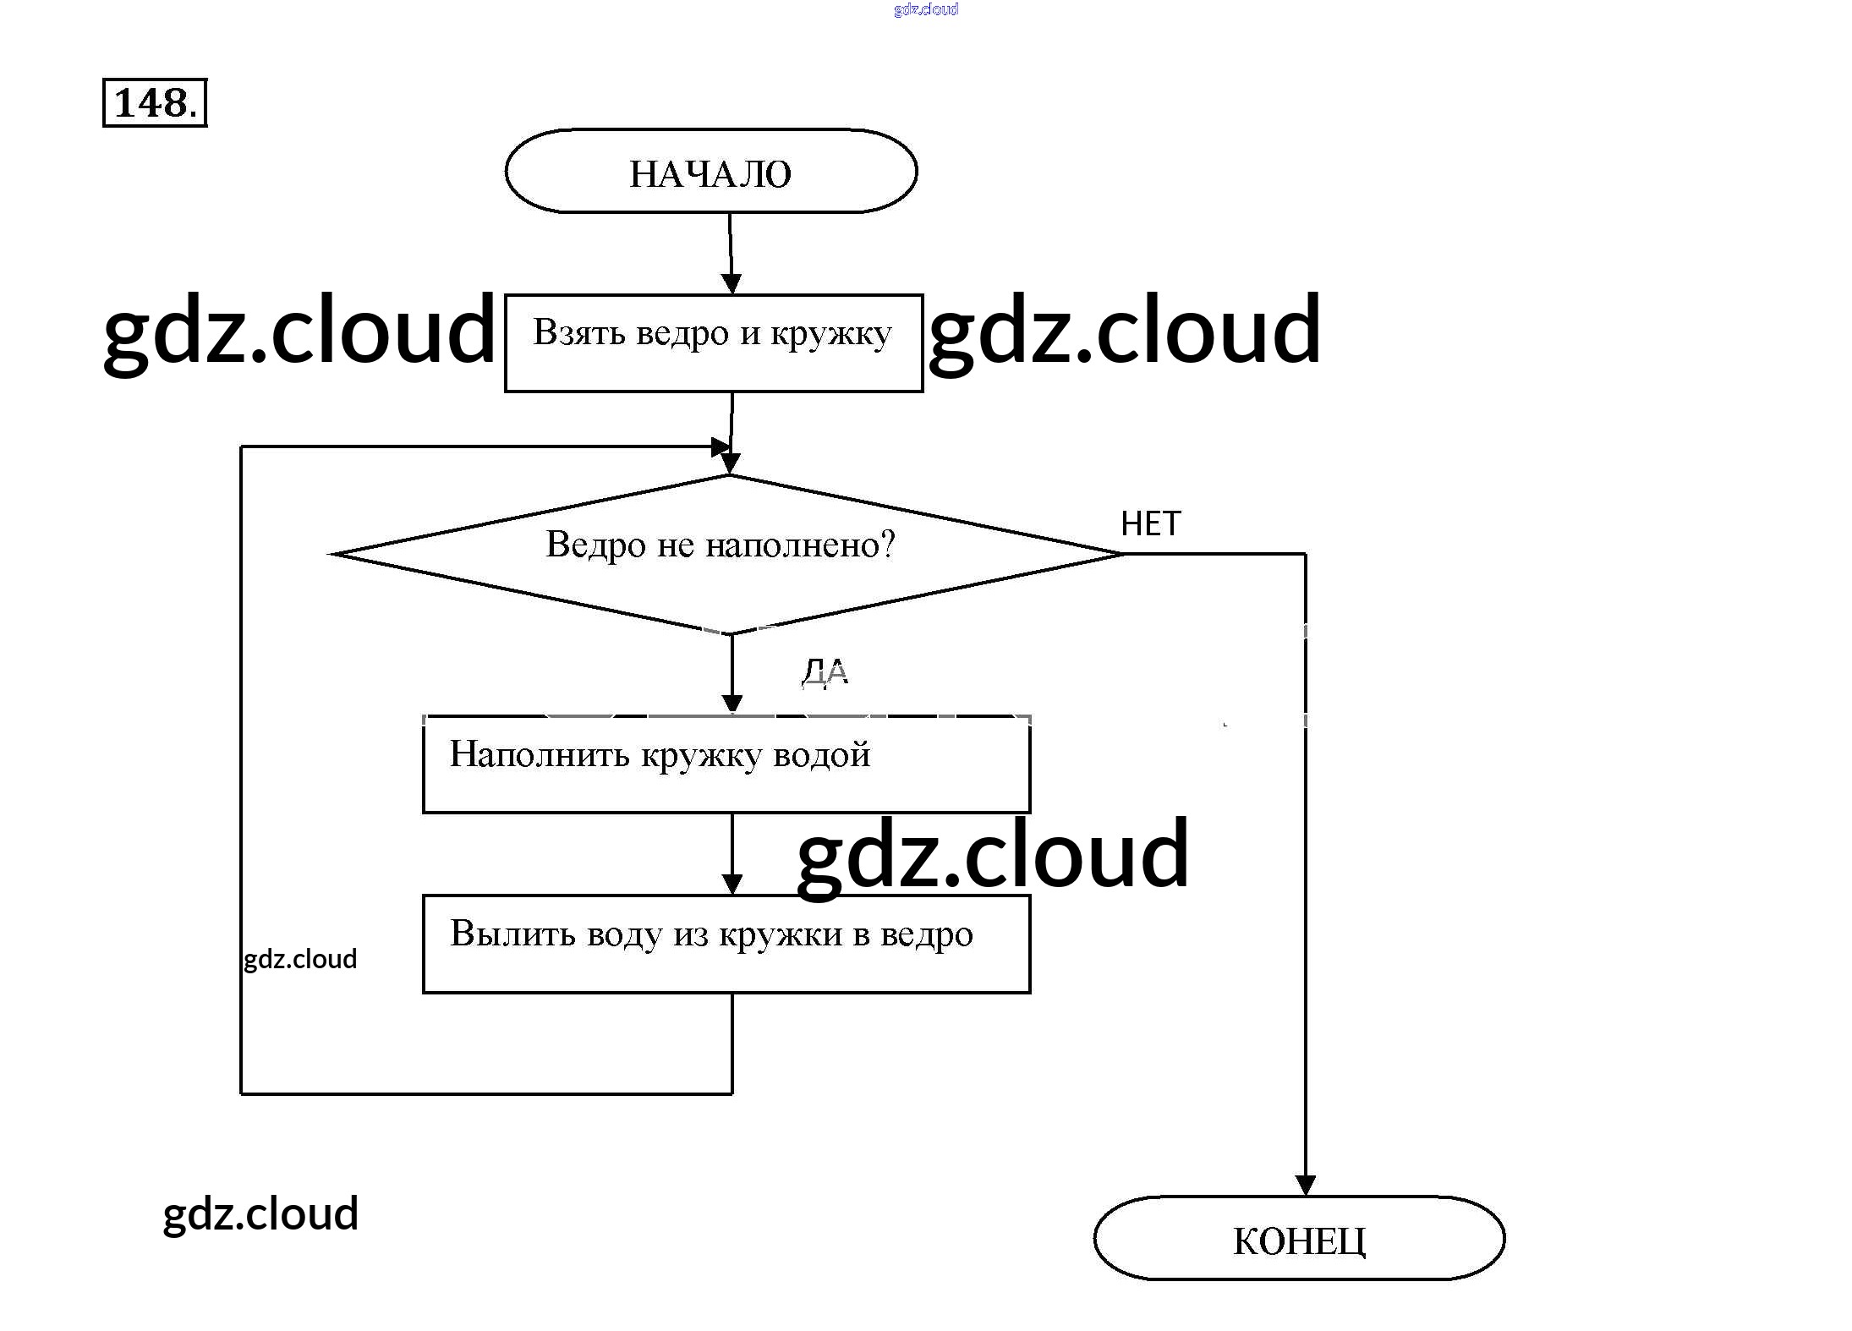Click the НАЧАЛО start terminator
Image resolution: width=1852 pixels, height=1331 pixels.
pos(710,172)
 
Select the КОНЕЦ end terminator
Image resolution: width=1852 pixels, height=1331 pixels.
pos(1298,1239)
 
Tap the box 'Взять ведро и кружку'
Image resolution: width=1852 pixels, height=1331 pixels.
pos(713,342)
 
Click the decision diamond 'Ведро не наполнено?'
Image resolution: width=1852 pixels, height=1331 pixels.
pos(726,554)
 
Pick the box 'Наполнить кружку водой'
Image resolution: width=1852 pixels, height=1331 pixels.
pos(726,764)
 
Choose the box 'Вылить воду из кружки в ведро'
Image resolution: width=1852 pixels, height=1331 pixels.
pos(726,943)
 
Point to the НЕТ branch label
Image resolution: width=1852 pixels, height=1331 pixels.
pos(1150,524)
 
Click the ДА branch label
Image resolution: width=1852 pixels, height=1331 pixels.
pos(825,672)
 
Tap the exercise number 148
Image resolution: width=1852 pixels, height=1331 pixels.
pos(155,103)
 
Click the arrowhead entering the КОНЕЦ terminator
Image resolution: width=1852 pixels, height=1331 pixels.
pos(1305,1186)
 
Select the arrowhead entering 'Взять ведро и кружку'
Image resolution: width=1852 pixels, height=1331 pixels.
pos(731,283)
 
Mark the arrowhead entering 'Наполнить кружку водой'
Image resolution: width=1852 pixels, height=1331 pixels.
pos(732,704)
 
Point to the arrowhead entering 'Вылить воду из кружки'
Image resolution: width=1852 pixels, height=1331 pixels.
pos(732,884)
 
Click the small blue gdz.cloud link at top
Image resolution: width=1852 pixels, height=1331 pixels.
pos(925,9)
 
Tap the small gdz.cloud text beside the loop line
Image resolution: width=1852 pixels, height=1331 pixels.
pos(300,959)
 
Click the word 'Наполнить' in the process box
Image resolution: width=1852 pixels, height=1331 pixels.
pos(539,754)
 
